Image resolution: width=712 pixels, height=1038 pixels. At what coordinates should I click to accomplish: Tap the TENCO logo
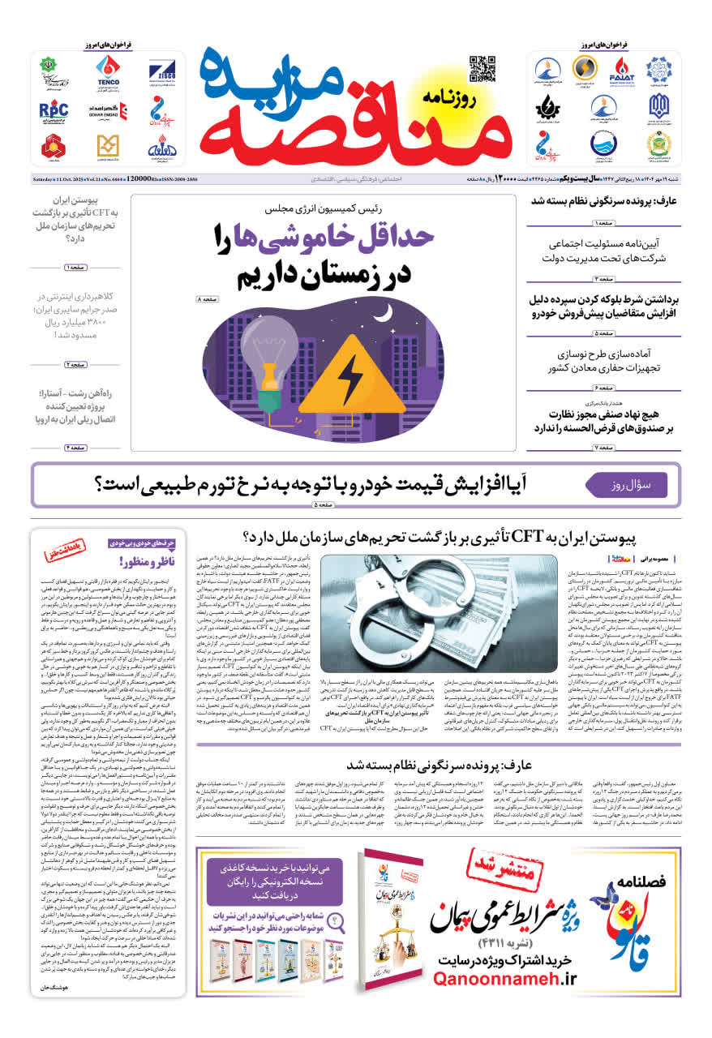pyautogui.click(x=108, y=70)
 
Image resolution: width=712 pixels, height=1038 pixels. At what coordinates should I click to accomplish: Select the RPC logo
pyautogui.click(x=54, y=109)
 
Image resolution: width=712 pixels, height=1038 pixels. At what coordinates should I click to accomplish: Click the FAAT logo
pyautogui.click(x=622, y=70)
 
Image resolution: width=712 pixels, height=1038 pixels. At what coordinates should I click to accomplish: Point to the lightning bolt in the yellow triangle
pyautogui.click(x=350, y=380)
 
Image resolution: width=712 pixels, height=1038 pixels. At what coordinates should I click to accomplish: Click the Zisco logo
pyautogui.click(x=157, y=70)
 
